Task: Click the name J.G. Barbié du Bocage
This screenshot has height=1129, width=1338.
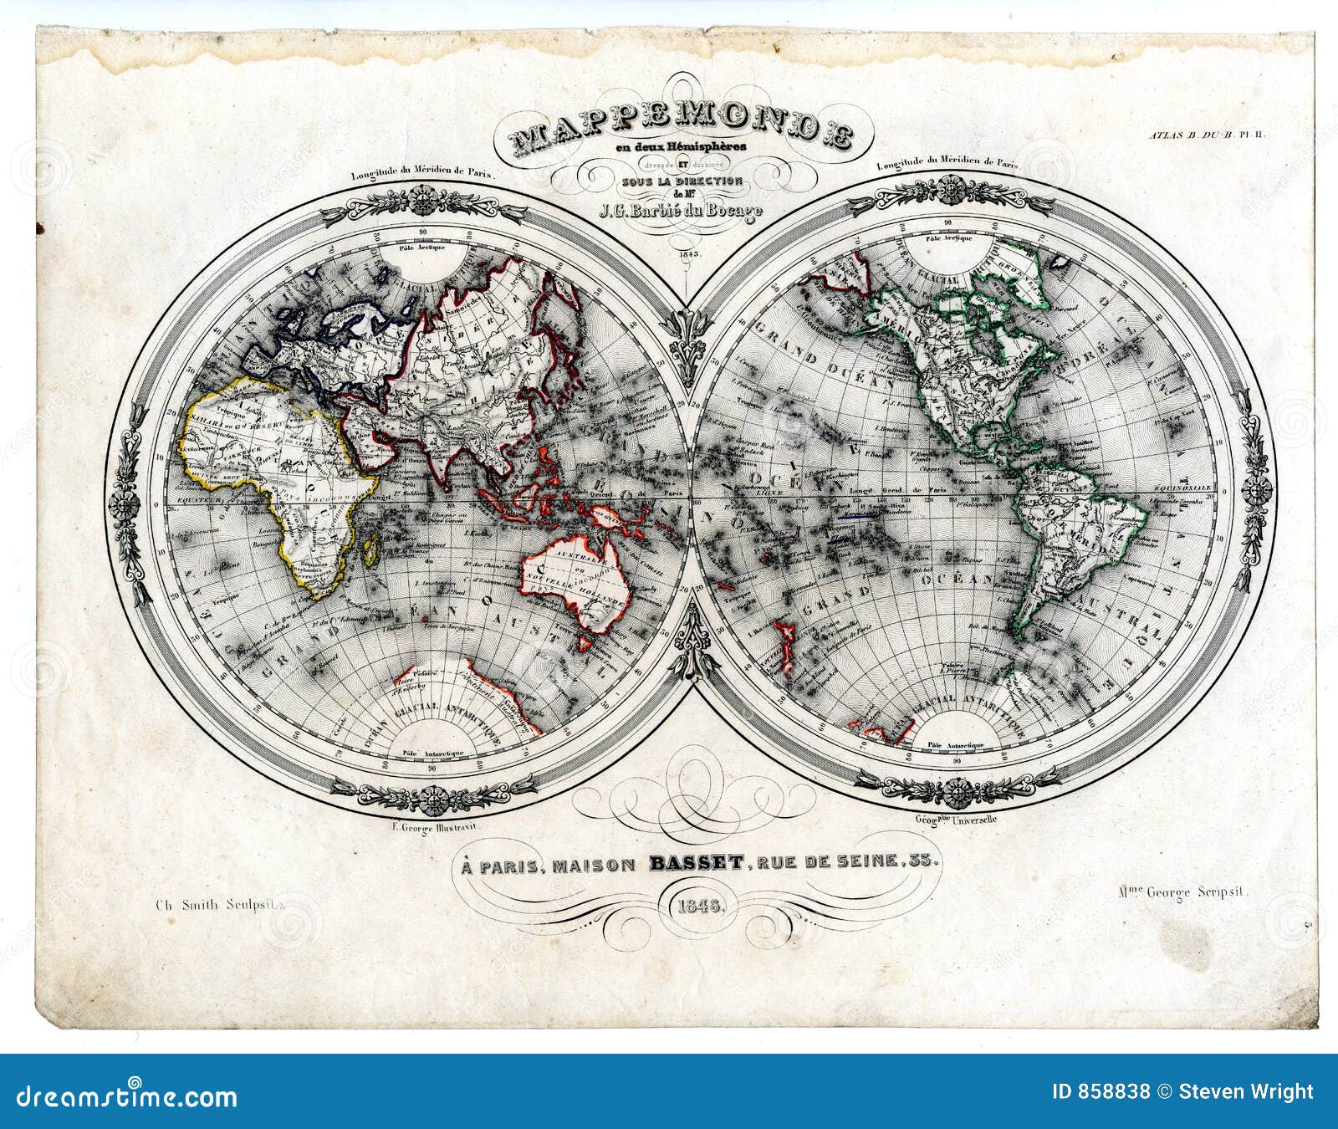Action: (x=681, y=210)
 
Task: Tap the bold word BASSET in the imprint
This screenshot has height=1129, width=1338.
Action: (x=695, y=861)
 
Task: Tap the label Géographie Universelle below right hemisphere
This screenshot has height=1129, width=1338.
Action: (x=956, y=820)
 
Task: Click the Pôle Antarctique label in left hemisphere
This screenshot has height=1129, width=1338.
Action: (x=432, y=754)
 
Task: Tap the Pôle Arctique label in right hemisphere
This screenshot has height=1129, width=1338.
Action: (x=947, y=238)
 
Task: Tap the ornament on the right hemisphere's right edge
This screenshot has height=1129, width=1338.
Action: (x=1255, y=493)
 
